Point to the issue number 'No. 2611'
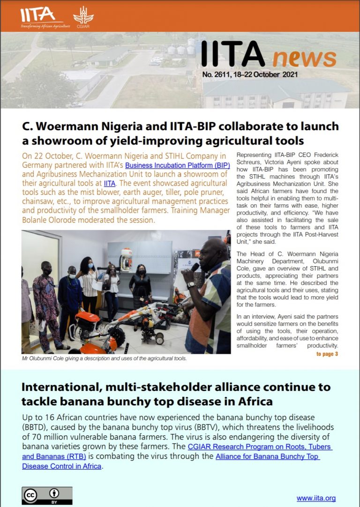pyautogui.click(x=220, y=75)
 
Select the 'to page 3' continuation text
pyautogui.click(x=327, y=354)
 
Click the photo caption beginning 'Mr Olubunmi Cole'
pyautogui.click(x=105, y=358)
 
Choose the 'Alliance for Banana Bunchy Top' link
pyautogui.click(x=268, y=457)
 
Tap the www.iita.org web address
pyautogui.click(x=316, y=498)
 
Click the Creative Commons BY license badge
pyautogui.click(x=47, y=495)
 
